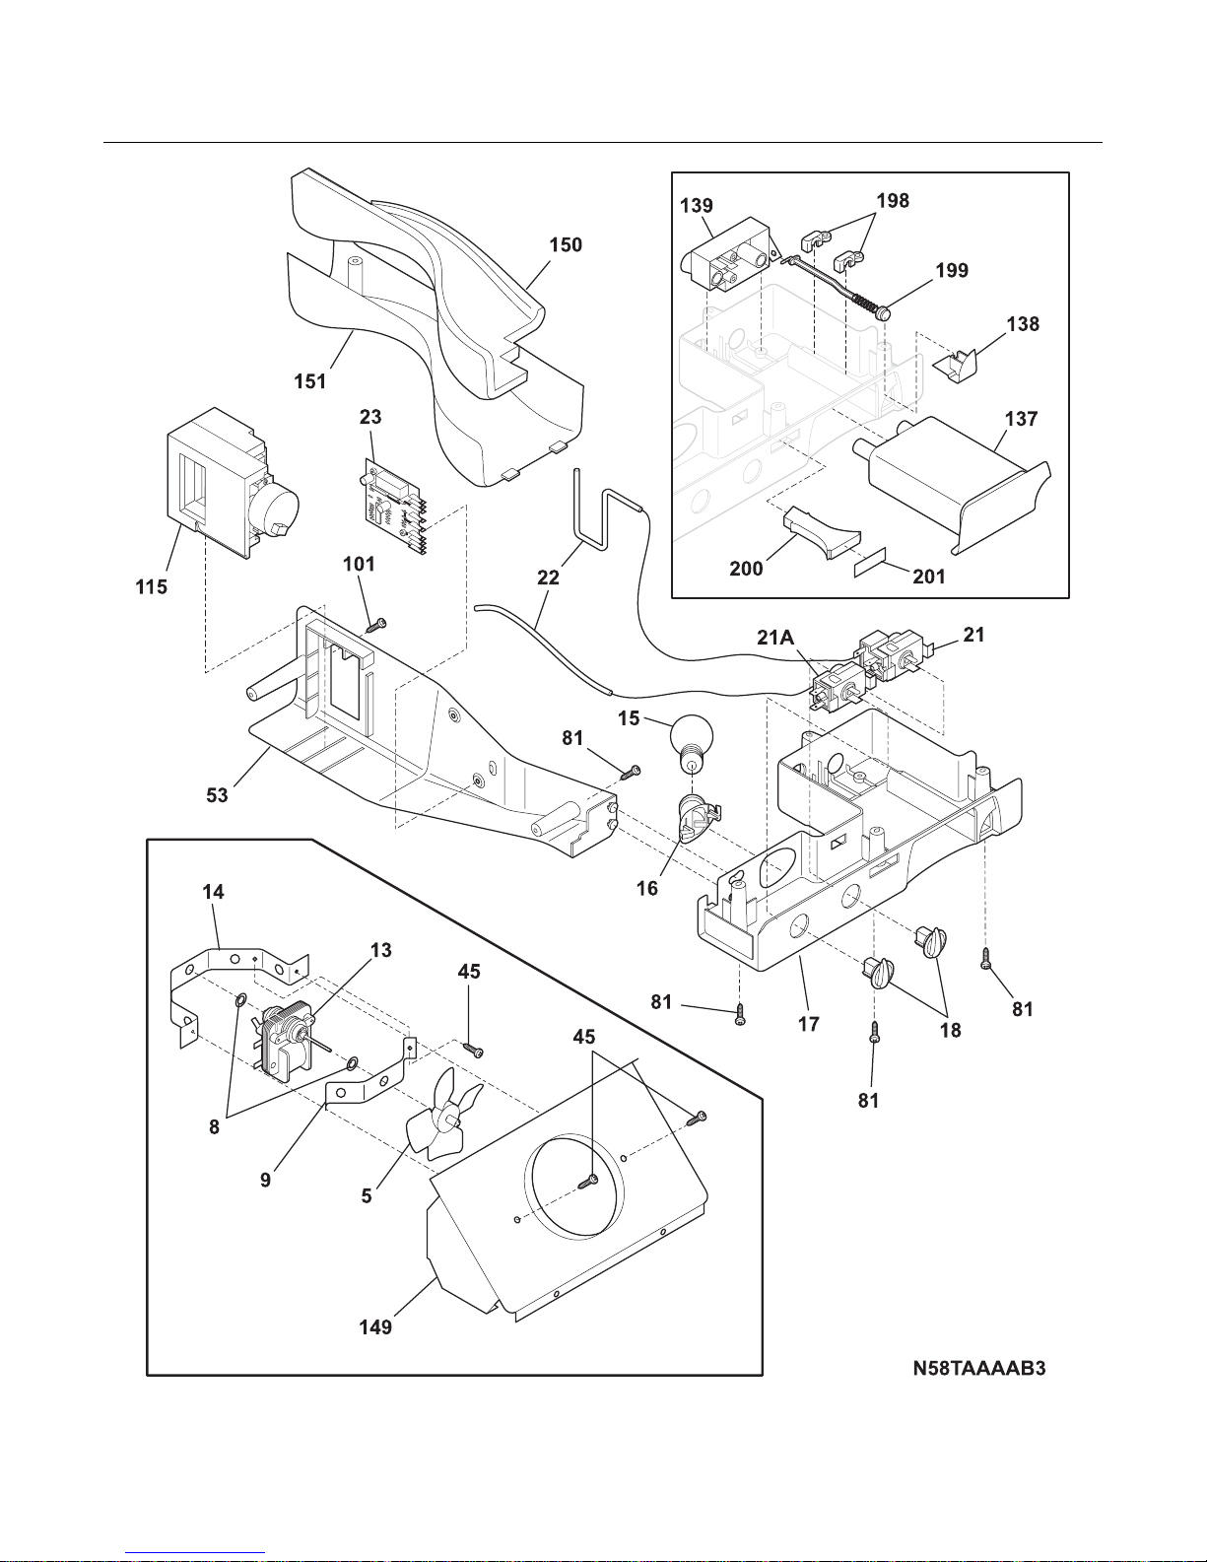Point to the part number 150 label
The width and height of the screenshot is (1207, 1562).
tap(566, 244)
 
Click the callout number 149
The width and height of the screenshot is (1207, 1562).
tap(375, 1326)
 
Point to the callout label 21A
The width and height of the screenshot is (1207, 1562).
tap(775, 638)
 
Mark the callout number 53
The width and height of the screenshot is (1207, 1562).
tap(217, 794)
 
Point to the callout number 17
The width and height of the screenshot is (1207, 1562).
tap(808, 1024)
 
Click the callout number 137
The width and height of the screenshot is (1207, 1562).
tap(1021, 419)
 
